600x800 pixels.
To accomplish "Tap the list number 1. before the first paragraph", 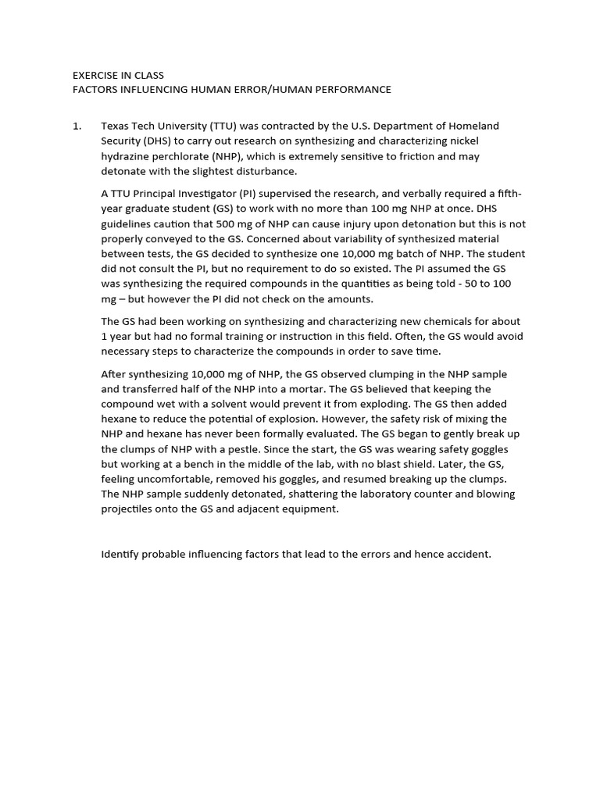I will click(77, 126).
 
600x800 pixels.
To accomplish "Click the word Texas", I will click(116, 126).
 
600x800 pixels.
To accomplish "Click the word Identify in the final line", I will click(121, 555).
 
